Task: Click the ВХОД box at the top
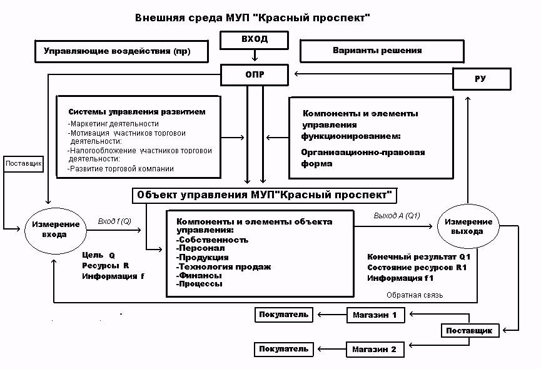(x=254, y=39)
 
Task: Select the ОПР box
(x=254, y=76)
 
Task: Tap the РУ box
(x=482, y=79)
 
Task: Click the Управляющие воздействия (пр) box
(x=121, y=52)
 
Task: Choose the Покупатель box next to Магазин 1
(x=284, y=314)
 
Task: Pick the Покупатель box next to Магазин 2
(x=284, y=348)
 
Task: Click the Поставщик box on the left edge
(x=23, y=164)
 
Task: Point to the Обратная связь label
(x=415, y=295)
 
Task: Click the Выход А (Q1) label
(x=397, y=216)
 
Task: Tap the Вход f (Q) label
(x=114, y=221)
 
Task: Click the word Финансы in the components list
(x=200, y=275)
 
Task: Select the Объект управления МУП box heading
(x=265, y=195)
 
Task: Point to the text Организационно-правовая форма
(x=363, y=158)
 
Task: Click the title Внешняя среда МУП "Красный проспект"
(x=253, y=17)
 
